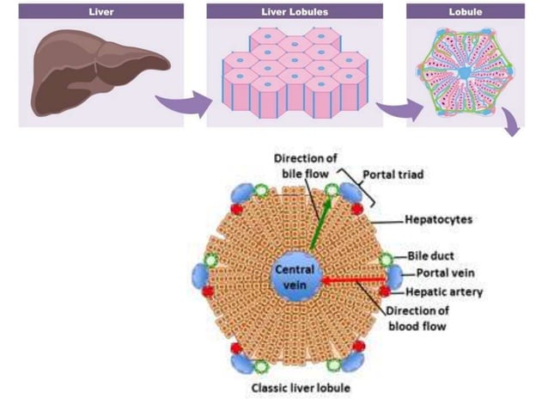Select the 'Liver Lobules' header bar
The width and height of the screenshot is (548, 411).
[294, 12]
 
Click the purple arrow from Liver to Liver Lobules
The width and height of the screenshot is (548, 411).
[185, 105]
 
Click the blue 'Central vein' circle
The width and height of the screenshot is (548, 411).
[295, 277]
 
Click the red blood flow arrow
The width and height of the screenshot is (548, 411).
[352, 279]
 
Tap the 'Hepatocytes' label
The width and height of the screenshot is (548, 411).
[439, 220]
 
